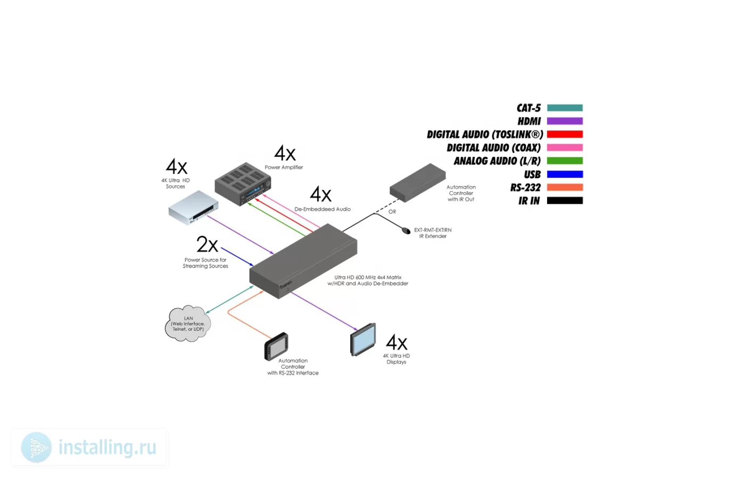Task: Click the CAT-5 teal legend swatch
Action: click(565, 108)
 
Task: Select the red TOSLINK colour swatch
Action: click(565, 134)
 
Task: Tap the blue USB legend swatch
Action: click(565, 174)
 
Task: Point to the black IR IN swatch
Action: click(565, 201)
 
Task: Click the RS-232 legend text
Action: click(526, 187)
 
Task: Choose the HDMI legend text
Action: click(529, 121)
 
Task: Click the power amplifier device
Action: click(243, 184)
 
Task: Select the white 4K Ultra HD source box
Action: click(193, 208)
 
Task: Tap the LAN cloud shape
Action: click(188, 324)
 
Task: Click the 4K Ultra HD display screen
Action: click(363, 340)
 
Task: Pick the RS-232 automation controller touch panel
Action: click(276, 346)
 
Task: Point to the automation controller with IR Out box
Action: click(418, 183)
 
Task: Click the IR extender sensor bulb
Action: click(406, 230)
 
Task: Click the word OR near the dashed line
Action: click(392, 212)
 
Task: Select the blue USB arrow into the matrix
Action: click(237, 257)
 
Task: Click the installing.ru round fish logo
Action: click(36, 448)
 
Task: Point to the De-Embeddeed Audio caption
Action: click(322, 209)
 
